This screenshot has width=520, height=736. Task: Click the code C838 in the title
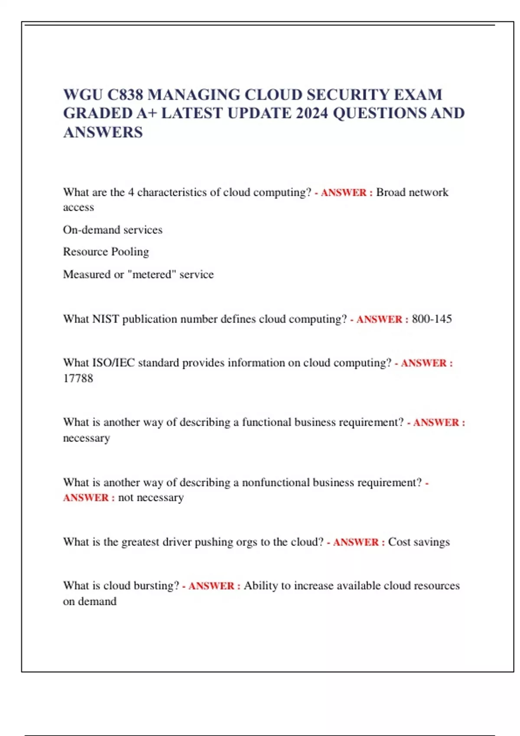[125, 94]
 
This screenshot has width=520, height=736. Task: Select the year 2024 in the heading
[312, 113]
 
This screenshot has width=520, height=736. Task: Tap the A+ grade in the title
[147, 113]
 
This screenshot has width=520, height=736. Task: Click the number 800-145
[432, 319]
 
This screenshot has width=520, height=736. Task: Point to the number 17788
[78, 378]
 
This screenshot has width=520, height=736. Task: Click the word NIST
[106, 319]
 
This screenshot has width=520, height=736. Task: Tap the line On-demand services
[113, 229]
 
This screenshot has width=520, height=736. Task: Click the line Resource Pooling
[106, 252]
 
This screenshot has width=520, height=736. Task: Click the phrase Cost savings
[419, 542]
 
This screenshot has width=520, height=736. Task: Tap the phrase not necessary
[151, 498]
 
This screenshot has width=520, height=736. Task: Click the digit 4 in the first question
[131, 192]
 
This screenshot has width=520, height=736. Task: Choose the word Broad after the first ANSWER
[390, 192]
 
